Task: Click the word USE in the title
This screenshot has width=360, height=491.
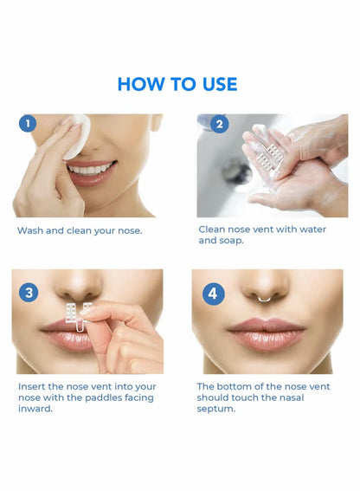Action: pos(217,84)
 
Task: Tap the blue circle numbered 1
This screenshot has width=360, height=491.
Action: pos(28,124)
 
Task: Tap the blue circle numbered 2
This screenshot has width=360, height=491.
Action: pos(219,124)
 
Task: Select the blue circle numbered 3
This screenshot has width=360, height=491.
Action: pos(29,292)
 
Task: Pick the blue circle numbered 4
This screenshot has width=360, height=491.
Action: pos(213,293)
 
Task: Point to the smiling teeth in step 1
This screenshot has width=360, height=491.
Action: pos(91,168)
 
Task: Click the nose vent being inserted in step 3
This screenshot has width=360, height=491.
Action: pos(77,316)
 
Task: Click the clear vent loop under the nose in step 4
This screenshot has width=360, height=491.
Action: pos(266,300)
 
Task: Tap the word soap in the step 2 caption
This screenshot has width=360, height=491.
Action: pos(230,241)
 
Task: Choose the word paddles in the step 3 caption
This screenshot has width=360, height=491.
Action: pos(104,397)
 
